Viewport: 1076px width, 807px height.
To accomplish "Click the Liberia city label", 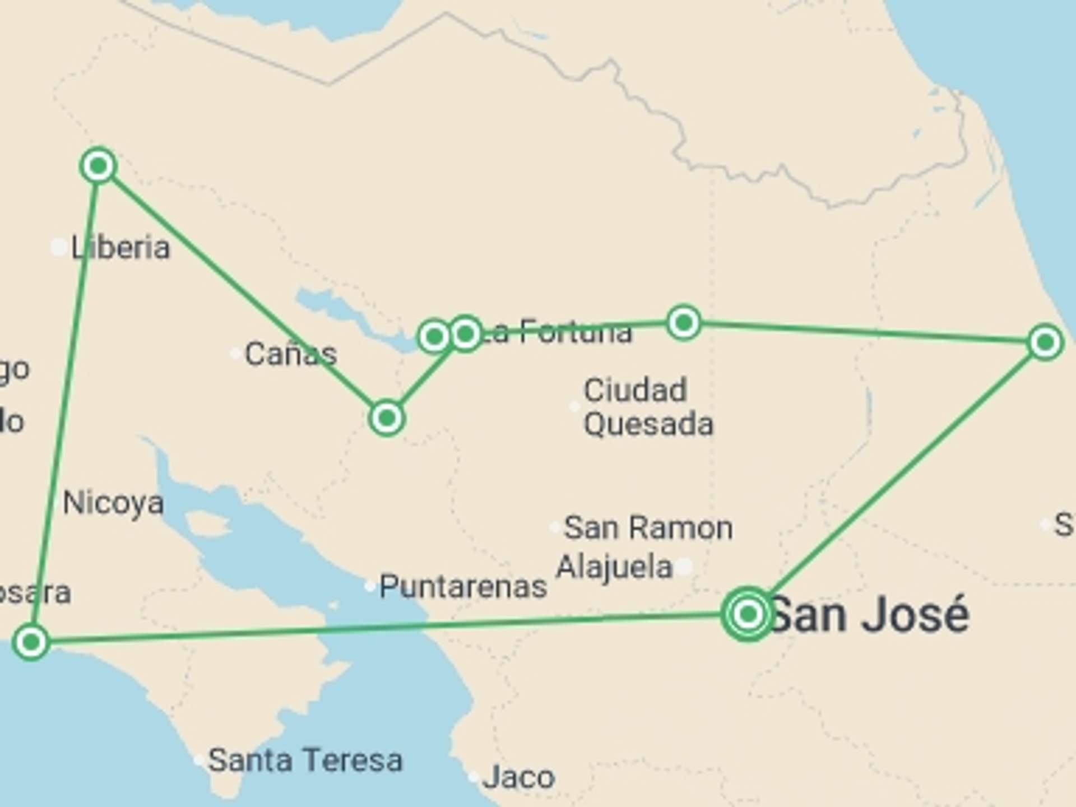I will click(x=120, y=247).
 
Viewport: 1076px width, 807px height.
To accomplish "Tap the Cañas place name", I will click(x=290, y=354).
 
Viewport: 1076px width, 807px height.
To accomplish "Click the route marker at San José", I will click(x=748, y=614).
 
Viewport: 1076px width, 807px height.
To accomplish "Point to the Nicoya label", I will click(x=113, y=503).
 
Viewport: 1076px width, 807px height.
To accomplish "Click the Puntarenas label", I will click(x=463, y=587).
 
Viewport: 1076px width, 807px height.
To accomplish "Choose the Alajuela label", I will click(x=614, y=567).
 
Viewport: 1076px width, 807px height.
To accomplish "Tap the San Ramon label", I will click(x=648, y=527).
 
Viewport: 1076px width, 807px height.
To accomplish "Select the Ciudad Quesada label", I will click(x=648, y=407).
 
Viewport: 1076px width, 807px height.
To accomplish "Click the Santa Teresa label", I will click(x=305, y=760).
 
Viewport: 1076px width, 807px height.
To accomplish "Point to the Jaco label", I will click(x=519, y=777).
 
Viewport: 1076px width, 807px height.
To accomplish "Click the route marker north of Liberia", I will click(x=99, y=165).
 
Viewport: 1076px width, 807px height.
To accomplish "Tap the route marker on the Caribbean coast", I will click(x=1045, y=342).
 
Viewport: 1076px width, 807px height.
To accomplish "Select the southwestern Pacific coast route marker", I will click(x=31, y=642).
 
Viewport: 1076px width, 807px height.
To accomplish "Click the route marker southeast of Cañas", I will click(x=387, y=418).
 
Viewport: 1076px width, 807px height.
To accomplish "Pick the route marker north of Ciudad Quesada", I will click(x=683, y=322).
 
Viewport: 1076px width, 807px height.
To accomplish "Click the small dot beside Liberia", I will click(x=59, y=247).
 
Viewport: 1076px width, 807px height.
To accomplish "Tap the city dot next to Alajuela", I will click(x=684, y=567).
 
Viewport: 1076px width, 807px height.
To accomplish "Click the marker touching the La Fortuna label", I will click(x=466, y=334).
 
